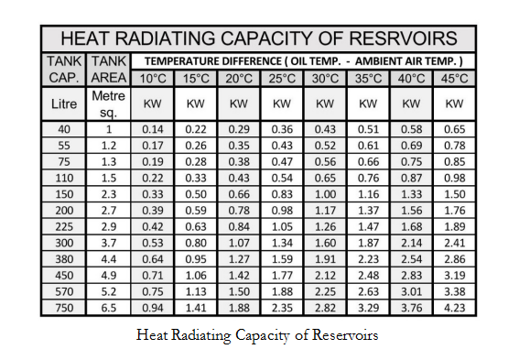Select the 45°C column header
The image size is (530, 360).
point(454,79)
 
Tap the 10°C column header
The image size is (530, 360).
point(152,79)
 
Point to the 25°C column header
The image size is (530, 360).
point(282,79)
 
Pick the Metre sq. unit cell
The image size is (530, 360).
point(110,104)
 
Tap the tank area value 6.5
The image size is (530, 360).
point(110,308)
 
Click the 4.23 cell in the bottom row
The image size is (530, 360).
point(454,308)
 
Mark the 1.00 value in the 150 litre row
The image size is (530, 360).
point(325,194)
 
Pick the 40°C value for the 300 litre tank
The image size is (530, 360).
point(411,243)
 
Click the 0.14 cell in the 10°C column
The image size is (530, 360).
point(152,129)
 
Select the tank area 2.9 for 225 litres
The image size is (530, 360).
point(110,226)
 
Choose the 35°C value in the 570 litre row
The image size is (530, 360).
point(368,291)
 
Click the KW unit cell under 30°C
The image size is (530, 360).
point(325,104)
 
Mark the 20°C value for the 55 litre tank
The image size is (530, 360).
point(239,146)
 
